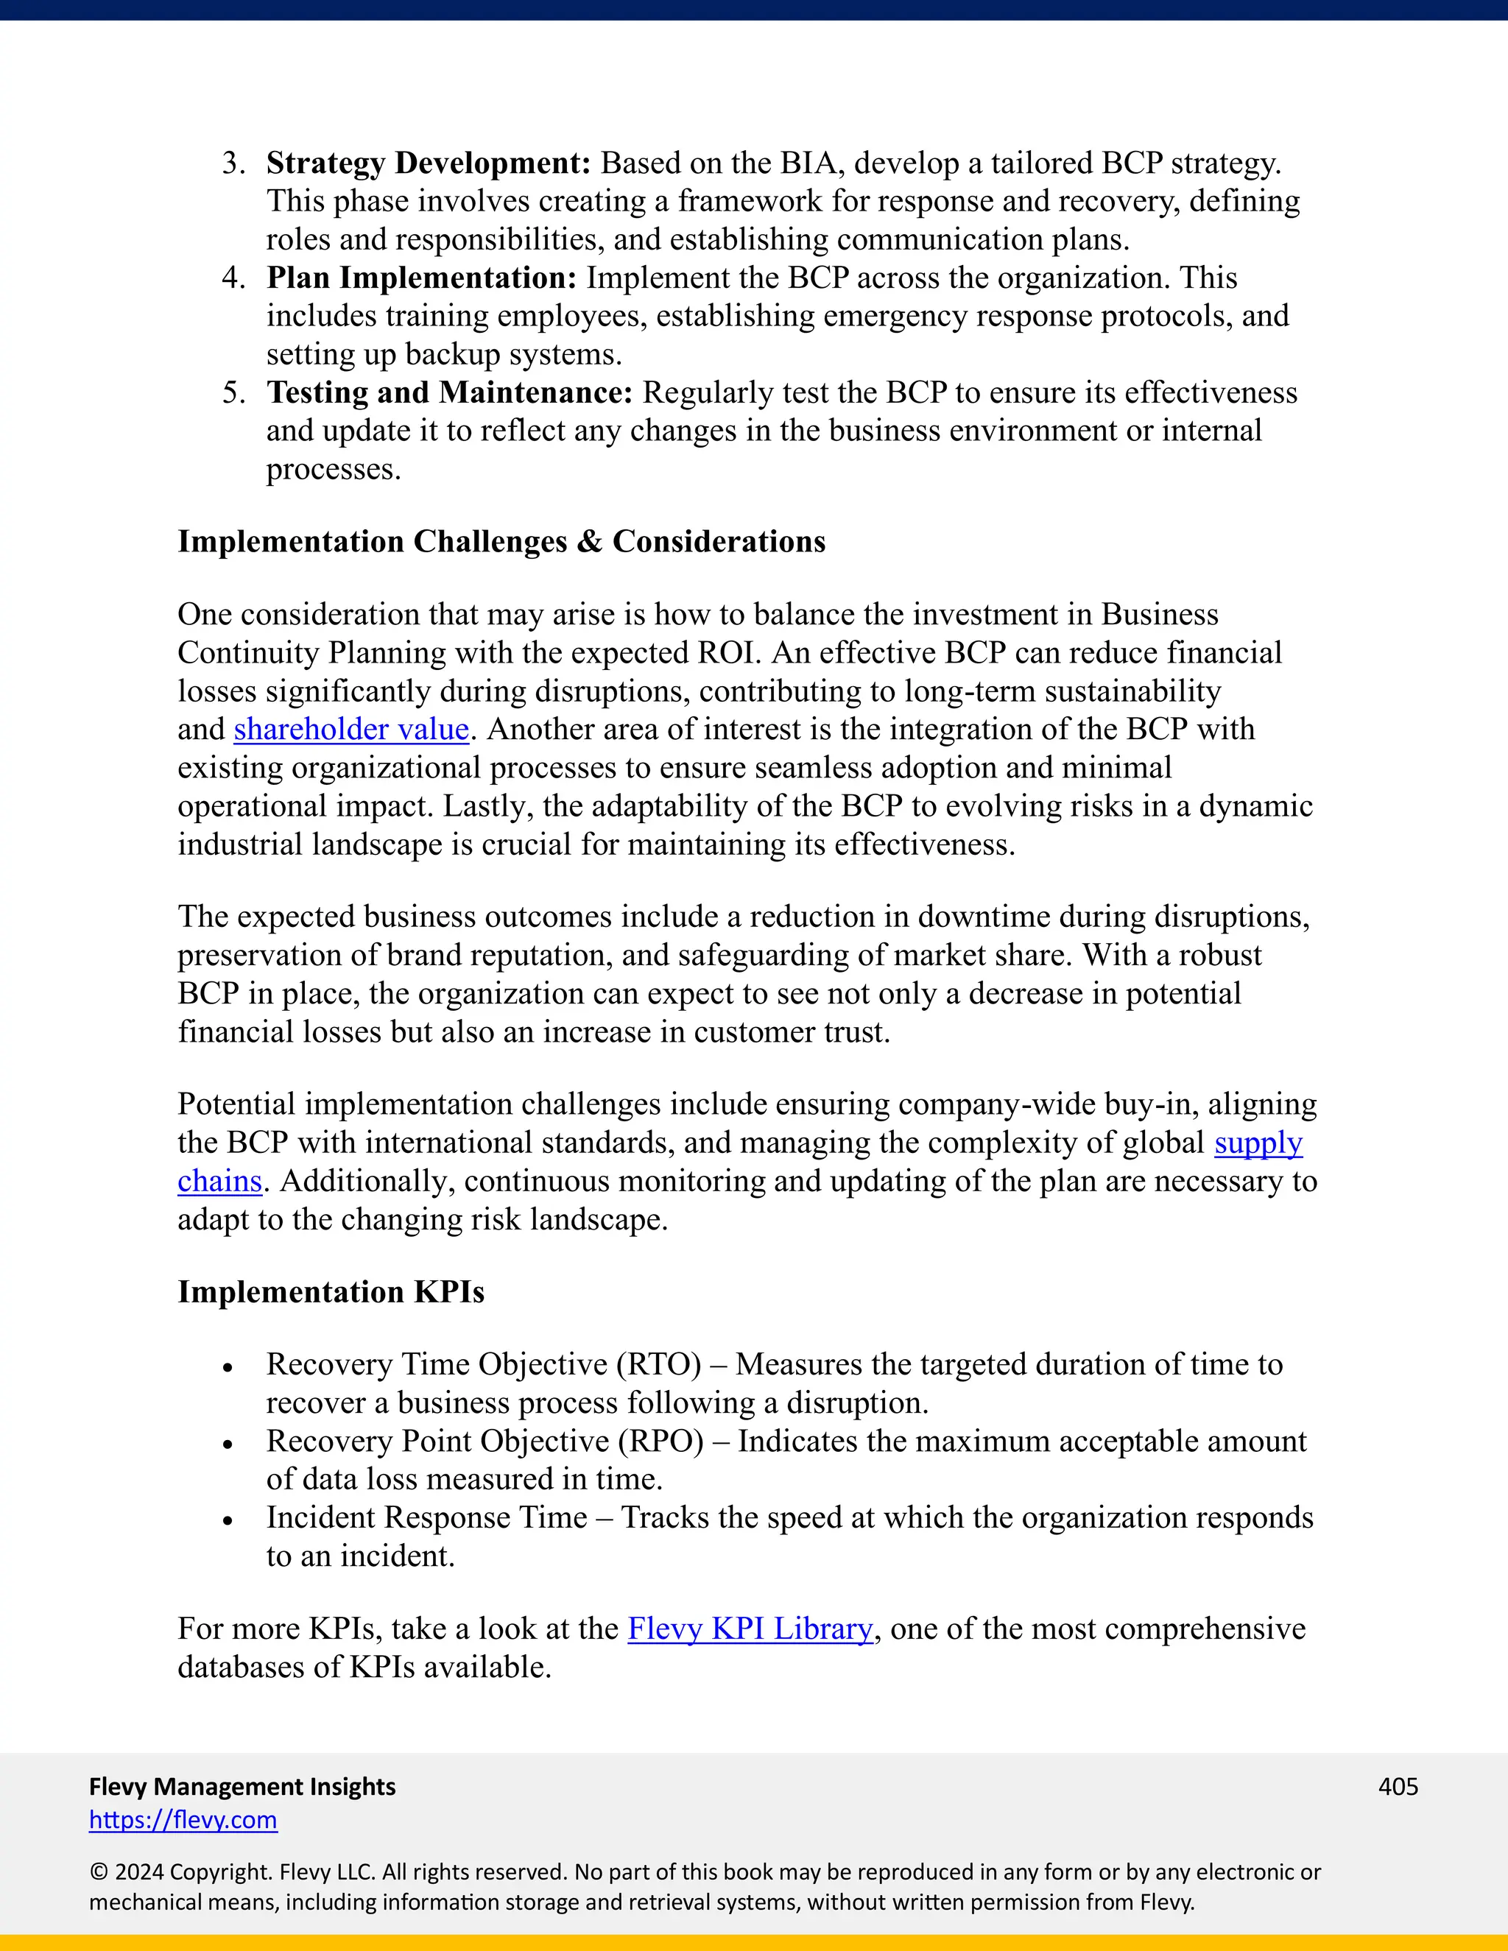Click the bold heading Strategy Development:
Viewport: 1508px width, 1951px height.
click(429, 163)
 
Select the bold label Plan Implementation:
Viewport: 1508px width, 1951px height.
click(422, 278)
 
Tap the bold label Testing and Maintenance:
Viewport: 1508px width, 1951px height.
click(449, 393)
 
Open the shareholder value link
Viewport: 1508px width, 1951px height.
click(351, 730)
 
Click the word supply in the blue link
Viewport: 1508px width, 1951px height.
click(1258, 1143)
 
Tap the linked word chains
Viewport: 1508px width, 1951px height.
click(219, 1182)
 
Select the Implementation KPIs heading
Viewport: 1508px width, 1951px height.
click(331, 1293)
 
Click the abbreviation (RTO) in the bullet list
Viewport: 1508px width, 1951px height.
click(659, 1365)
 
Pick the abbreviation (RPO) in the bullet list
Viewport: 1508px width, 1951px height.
click(660, 1442)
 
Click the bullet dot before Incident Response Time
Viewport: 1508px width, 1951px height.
click(228, 1520)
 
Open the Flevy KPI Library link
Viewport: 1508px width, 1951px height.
click(750, 1629)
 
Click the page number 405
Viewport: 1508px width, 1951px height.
click(1398, 1787)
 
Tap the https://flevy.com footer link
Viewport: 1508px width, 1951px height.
click(183, 1821)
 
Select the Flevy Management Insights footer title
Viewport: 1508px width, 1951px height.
click(242, 1787)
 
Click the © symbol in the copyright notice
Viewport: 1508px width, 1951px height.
click(98, 1872)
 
